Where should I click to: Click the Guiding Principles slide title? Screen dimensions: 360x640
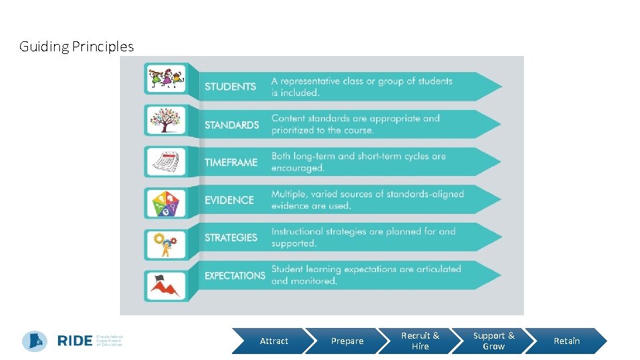coord(76,47)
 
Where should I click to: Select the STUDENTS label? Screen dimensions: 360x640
coord(230,87)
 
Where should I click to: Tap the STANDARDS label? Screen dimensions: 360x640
coord(231,125)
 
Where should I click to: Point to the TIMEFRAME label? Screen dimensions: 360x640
coord(231,162)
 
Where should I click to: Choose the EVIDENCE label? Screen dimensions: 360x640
coord(229,200)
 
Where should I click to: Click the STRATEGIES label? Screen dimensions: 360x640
coord(231,237)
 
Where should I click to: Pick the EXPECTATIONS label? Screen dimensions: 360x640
coord(235,275)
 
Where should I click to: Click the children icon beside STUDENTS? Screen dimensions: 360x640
coord(165,79)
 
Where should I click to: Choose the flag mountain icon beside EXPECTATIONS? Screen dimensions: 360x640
coord(165,286)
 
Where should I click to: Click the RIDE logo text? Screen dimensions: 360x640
coord(75,341)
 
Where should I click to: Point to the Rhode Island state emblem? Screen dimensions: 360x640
coord(35,341)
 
